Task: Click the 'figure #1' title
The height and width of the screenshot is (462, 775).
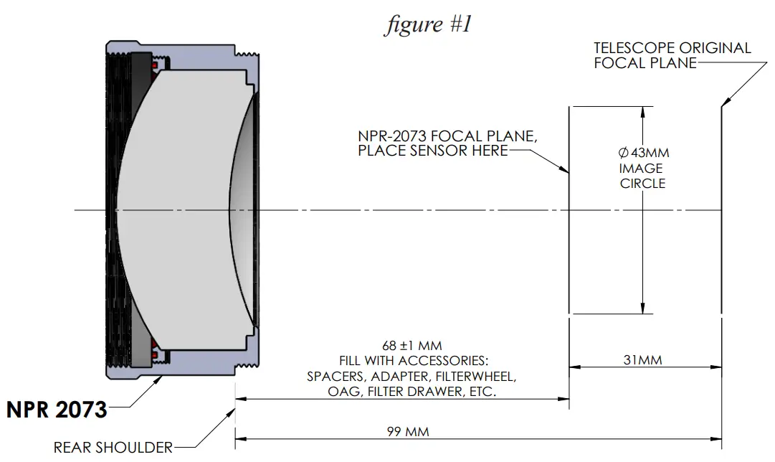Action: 428,24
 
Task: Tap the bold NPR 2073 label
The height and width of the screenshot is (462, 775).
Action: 57,410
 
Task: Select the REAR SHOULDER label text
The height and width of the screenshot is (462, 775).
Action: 113,448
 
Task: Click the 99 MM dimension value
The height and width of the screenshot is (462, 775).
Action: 406,432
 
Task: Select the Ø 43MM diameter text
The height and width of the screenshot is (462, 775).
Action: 643,153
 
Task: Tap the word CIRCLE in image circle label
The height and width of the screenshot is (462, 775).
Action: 642,184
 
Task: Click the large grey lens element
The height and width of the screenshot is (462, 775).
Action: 179,209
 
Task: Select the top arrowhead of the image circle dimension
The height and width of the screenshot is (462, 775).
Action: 643,112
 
